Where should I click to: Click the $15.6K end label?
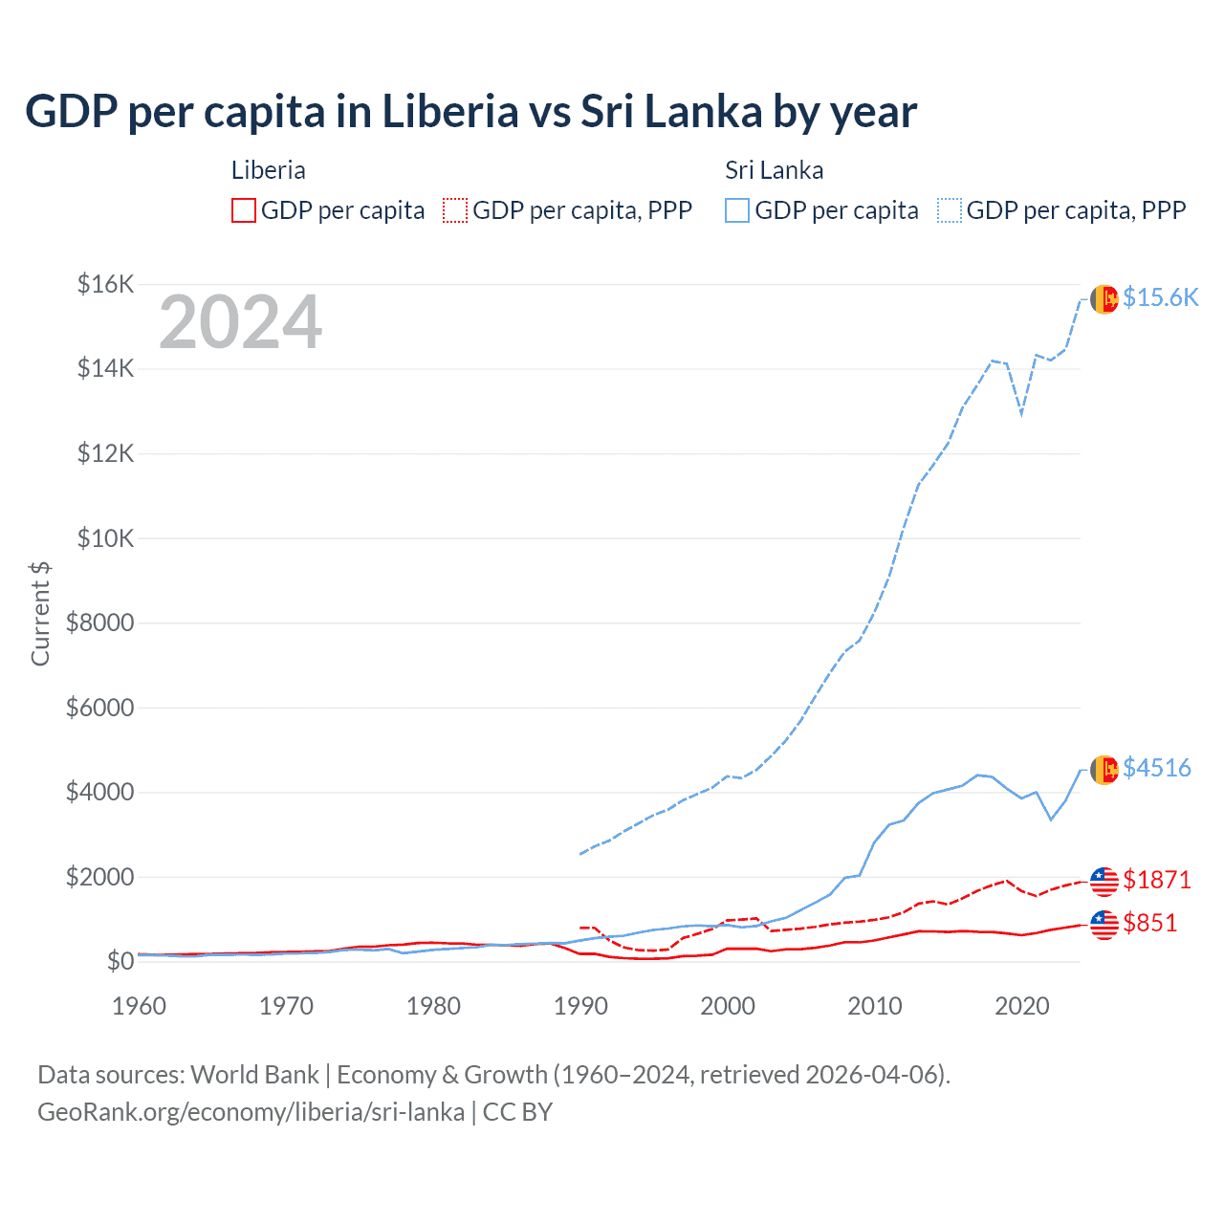1160,297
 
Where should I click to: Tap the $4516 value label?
1157,768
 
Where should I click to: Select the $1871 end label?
1157,880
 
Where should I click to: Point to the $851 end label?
1150,923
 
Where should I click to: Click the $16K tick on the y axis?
106,284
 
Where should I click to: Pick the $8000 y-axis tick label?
100,623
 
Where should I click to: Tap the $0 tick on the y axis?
120,961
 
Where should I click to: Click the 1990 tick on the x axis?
580,1006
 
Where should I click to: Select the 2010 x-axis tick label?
875,1006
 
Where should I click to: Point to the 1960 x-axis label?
140,1006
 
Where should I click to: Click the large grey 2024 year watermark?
241,323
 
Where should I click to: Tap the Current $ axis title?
40,614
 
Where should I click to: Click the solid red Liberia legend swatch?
244,210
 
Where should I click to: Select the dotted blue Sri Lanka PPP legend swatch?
950,210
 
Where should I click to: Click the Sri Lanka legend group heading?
774,170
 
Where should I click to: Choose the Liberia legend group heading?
269,170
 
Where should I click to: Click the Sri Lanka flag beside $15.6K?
1104,299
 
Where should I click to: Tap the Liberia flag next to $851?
1104,925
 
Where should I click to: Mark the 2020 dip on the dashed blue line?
1021,414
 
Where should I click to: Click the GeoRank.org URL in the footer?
251,1112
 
